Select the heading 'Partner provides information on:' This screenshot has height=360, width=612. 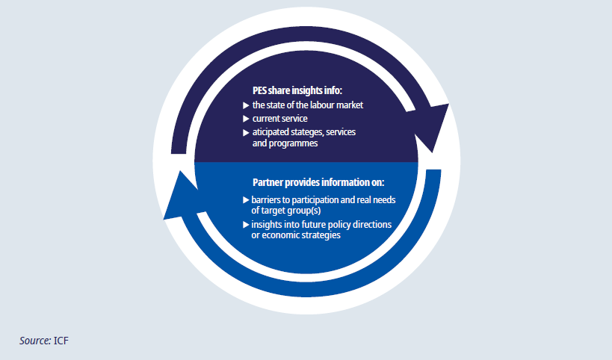pos(309,182)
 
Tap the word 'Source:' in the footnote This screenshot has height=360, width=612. pos(35,341)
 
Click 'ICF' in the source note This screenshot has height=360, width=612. pos(62,341)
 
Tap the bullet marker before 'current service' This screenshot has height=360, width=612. pos(247,119)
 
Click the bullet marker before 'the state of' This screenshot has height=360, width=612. pos(247,105)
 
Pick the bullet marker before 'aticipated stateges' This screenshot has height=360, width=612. pos(247,132)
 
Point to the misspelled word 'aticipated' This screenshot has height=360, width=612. pos(273,132)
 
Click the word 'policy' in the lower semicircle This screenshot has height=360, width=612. pos(339,225)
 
